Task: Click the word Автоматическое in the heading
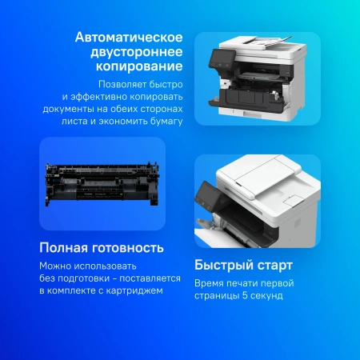click(x=128, y=38)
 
